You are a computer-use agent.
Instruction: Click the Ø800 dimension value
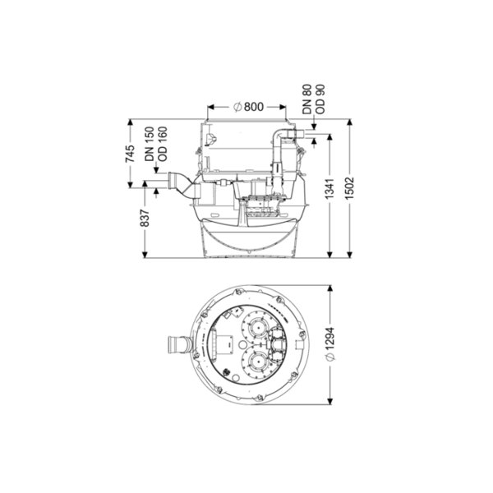248,107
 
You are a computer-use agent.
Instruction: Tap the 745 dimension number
130,154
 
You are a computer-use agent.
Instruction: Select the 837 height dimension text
145,218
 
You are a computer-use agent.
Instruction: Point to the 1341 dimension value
329,189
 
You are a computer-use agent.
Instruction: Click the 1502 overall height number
350,188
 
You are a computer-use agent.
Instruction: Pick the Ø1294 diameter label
330,343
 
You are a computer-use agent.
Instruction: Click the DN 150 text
150,144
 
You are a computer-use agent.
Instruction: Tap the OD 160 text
163,144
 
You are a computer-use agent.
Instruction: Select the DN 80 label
306,99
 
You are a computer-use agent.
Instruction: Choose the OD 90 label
320,99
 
